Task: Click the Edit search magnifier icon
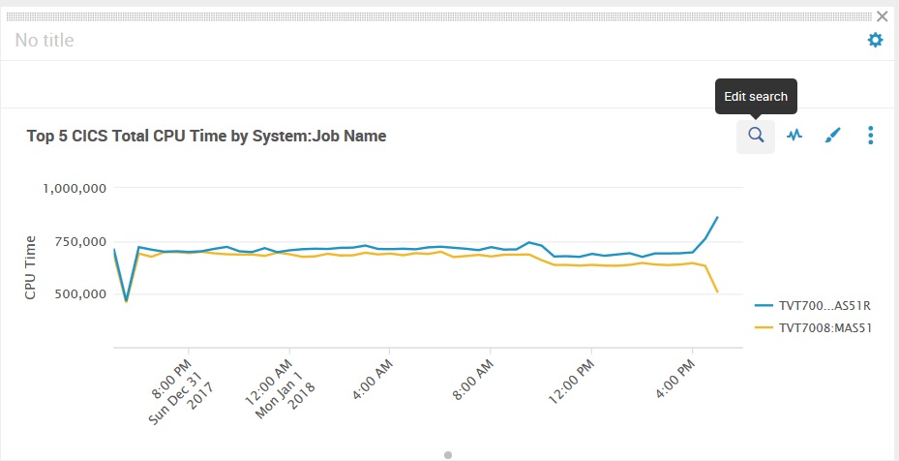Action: (756, 136)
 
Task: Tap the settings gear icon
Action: (875, 40)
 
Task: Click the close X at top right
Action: (882, 16)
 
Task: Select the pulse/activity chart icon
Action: (794, 136)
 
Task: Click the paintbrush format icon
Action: (832, 136)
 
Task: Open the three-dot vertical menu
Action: (871, 136)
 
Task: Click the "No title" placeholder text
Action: (45, 40)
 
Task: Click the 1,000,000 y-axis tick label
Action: (75, 188)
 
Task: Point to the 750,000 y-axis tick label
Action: (79, 241)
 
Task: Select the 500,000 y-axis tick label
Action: (79, 294)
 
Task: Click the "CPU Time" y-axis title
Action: (31, 267)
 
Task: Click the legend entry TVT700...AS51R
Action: (819, 305)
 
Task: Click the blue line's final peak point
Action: (717, 217)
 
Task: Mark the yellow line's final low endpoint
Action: (717, 292)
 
